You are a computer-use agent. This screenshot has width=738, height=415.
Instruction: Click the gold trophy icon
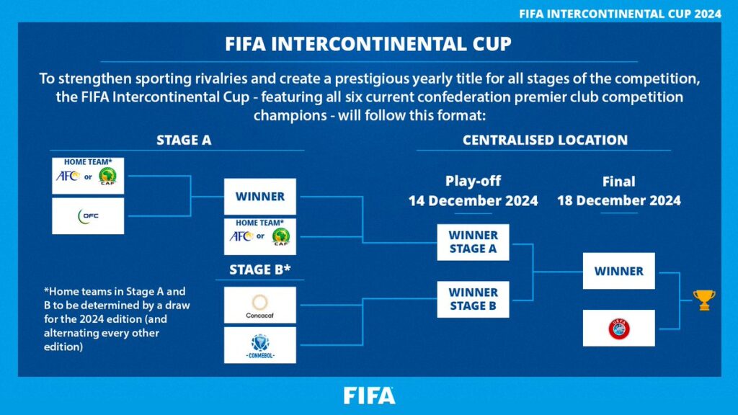click(x=703, y=300)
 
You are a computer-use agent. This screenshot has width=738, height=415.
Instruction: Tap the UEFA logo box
click(x=618, y=329)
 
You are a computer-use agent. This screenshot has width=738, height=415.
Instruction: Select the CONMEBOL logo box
click(x=259, y=345)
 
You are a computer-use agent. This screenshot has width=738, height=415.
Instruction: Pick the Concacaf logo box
click(x=259, y=305)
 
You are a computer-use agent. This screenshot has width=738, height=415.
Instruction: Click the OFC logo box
click(x=88, y=216)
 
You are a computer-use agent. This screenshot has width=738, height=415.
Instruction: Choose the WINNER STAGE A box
click(x=473, y=242)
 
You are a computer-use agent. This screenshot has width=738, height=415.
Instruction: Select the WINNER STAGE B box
click(x=473, y=299)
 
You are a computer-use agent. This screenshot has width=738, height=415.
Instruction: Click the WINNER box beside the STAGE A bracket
click(x=259, y=197)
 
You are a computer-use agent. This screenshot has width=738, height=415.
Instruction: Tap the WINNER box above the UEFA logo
click(x=618, y=271)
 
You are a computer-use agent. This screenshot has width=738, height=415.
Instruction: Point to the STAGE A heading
click(x=184, y=140)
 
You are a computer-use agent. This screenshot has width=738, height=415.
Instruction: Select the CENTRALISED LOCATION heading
click(x=545, y=140)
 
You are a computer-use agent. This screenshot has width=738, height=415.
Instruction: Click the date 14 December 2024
click(x=473, y=201)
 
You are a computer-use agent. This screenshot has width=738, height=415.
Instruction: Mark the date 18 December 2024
click(x=618, y=201)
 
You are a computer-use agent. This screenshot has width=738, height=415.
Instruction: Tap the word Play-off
click(x=473, y=182)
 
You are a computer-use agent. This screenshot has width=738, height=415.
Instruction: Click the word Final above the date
click(x=618, y=182)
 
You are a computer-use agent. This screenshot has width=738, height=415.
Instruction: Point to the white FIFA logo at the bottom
click(x=369, y=396)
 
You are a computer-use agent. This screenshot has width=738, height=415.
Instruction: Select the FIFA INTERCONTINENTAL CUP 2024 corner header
click(x=621, y=14)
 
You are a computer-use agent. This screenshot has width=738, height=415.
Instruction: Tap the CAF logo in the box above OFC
click(x=107, y=177)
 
